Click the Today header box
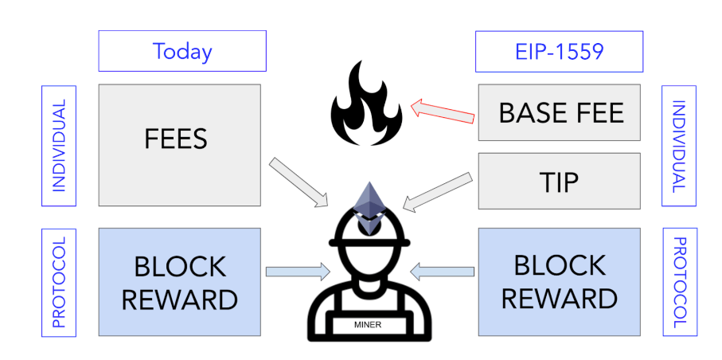tap(182, 52)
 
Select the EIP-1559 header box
tap(559, 52)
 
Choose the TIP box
tap(559, 182)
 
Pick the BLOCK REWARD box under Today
tap(180, 281)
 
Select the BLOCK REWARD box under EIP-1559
tap(559, 281)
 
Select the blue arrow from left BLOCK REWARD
tap(296, 272)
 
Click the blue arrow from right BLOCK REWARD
tap(442, 272)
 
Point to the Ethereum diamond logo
tap(368, 205)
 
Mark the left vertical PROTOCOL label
tap(58, 282)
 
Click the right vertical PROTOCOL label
tap(678, 282)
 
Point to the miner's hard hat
tap(368, 231)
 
